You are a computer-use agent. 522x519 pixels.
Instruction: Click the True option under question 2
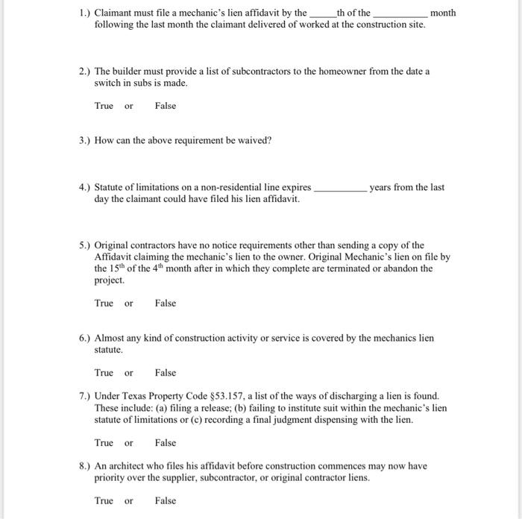(x=104, y=106)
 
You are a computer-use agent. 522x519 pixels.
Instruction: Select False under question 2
(x=166, y=106)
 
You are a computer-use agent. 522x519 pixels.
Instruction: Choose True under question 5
(x=104, y=303)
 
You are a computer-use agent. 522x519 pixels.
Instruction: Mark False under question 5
(x=166, y=303)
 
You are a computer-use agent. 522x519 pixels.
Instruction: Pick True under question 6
(x=104, y=373)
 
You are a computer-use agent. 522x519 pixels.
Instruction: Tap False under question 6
(x=166, y=373)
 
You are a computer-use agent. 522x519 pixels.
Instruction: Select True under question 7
(x=104, y=443)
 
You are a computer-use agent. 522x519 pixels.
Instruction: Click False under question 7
(x=166, y=443)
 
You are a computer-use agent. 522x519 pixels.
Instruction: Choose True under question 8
(x=104, y=501)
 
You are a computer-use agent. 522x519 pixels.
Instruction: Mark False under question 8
(x=166, y=501)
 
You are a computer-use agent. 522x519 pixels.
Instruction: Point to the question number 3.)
(x=84, y=140)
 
